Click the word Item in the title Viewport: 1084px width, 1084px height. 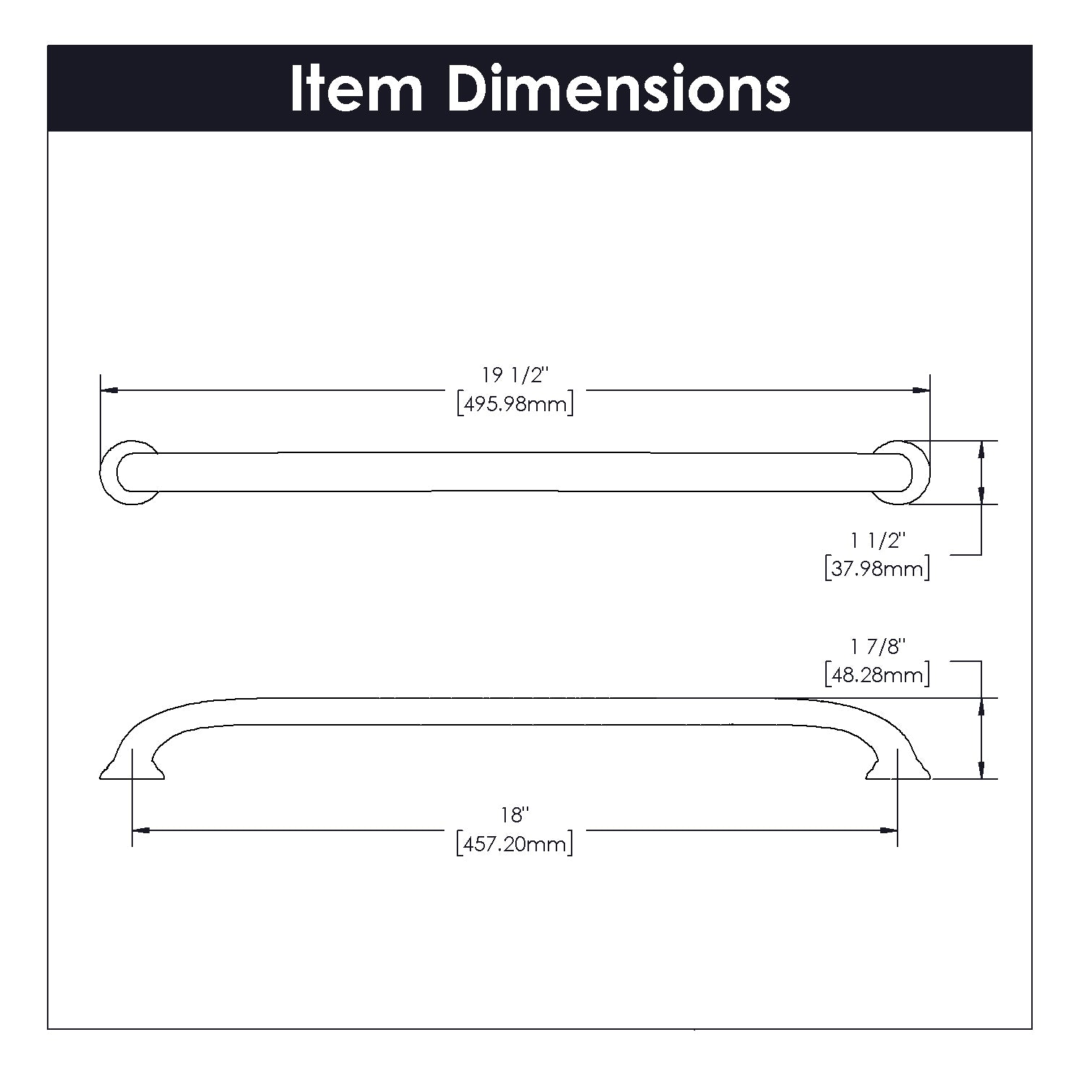pos(356,89)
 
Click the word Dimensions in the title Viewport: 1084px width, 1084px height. pos(619,89)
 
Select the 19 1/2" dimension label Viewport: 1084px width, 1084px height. pos(516,376)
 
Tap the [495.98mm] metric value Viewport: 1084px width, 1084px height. pos(515,404)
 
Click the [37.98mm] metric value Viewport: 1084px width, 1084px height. pos(877,569)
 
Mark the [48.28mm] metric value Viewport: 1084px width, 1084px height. pos(877,675)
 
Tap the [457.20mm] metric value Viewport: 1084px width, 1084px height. pos(515,843)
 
